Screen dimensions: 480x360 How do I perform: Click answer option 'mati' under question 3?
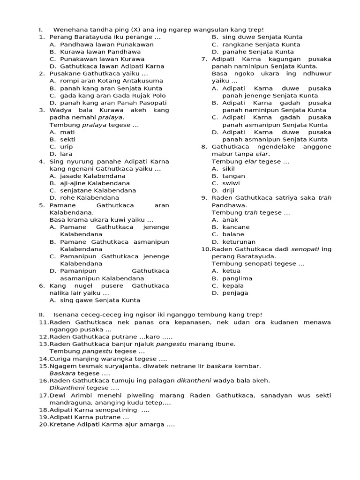[67, 132]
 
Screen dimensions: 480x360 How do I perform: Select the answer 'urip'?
[67, 147]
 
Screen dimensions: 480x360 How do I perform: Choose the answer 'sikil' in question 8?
[229, 168]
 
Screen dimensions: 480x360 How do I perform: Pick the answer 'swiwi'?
[230, 183]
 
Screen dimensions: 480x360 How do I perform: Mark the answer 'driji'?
[229, 190]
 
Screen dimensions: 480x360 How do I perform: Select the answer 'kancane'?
[236, 227]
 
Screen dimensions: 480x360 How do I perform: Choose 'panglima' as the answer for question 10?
[237, 278]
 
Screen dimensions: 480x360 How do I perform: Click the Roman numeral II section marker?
[41, 315]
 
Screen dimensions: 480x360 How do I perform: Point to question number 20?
[44, 425]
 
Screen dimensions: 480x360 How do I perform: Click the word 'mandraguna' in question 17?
[67, 403]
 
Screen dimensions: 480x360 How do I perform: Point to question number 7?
[204, 59]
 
